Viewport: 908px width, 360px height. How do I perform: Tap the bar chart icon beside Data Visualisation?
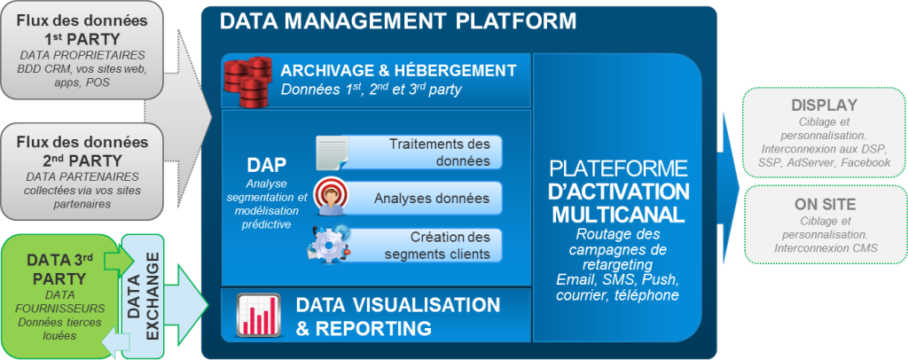coord(259,316)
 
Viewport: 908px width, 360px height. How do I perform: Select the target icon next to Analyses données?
coord(331,196)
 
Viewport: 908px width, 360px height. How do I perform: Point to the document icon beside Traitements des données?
coord(333,153)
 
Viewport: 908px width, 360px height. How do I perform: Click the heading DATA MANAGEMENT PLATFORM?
coord(398,21)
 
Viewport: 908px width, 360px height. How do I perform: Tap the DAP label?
coord(266,166)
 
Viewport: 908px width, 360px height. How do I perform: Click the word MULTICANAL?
coord(618,215)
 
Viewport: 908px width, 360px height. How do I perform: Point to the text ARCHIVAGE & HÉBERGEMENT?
coord(398,71)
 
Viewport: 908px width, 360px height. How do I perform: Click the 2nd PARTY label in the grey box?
coord(81,160)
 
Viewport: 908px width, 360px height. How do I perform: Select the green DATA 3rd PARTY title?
coord(59,268)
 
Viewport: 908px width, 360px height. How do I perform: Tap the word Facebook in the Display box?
coord(865,163)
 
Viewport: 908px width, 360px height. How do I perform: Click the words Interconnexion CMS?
coord(826,248)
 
